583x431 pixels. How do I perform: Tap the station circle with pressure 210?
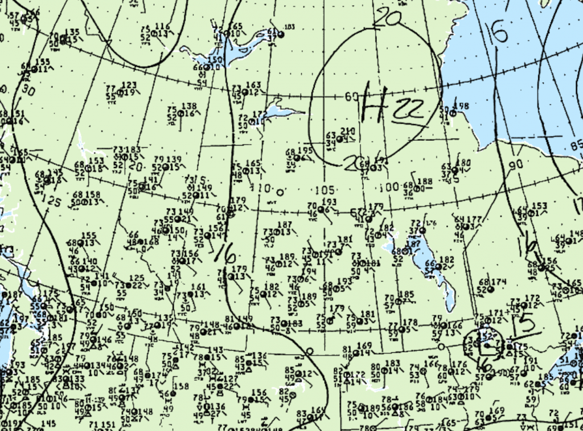pyautogui.click(x=339, y=139)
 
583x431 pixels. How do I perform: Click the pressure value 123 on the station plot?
pyautogui.click(x=129, y=86)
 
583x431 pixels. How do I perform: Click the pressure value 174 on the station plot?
pyautogui.click(x=499, y=282)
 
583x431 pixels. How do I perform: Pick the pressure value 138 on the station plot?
pyautogui.click(x=188, y=106)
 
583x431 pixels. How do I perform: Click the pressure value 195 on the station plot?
pyautogui.click(x=305, y=151)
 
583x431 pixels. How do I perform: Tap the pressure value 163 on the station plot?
pyautogui.click(x=253, y=86)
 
